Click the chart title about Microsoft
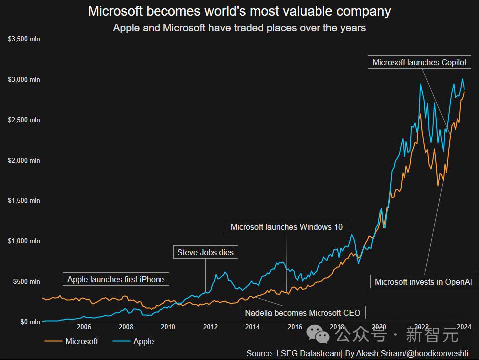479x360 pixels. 239,11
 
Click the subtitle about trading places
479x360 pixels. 239,28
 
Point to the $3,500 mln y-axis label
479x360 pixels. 24,39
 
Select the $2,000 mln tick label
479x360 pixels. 24,161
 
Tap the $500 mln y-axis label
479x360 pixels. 26,282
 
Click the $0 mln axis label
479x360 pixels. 30,322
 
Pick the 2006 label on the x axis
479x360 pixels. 84,327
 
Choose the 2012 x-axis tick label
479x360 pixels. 210,327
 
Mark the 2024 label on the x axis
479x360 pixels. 464,327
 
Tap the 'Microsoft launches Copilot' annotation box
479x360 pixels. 420,62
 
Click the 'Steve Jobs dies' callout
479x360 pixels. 205,252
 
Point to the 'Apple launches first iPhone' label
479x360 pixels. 116,279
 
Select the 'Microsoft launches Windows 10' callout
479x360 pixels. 287,227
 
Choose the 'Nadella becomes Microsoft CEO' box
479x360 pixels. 303,313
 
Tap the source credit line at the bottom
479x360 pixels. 357,353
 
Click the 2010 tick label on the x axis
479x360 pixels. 168,327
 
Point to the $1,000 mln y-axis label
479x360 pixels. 24,241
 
